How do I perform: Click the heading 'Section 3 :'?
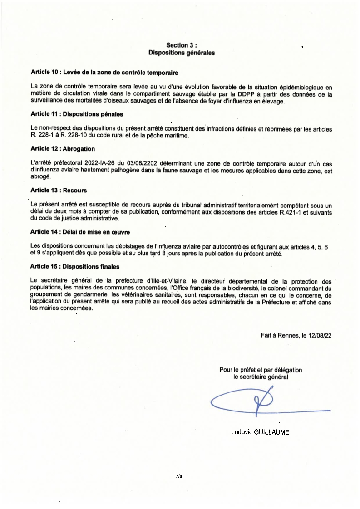[182, 45]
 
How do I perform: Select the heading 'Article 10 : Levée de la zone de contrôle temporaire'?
[104, 72]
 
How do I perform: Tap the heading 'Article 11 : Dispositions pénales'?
[77, 114]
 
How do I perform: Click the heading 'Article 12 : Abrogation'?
[63, 148]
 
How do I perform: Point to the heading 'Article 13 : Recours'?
[59, 190]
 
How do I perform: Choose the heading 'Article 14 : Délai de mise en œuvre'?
[80, 232]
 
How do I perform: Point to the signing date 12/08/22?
[320, 336]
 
